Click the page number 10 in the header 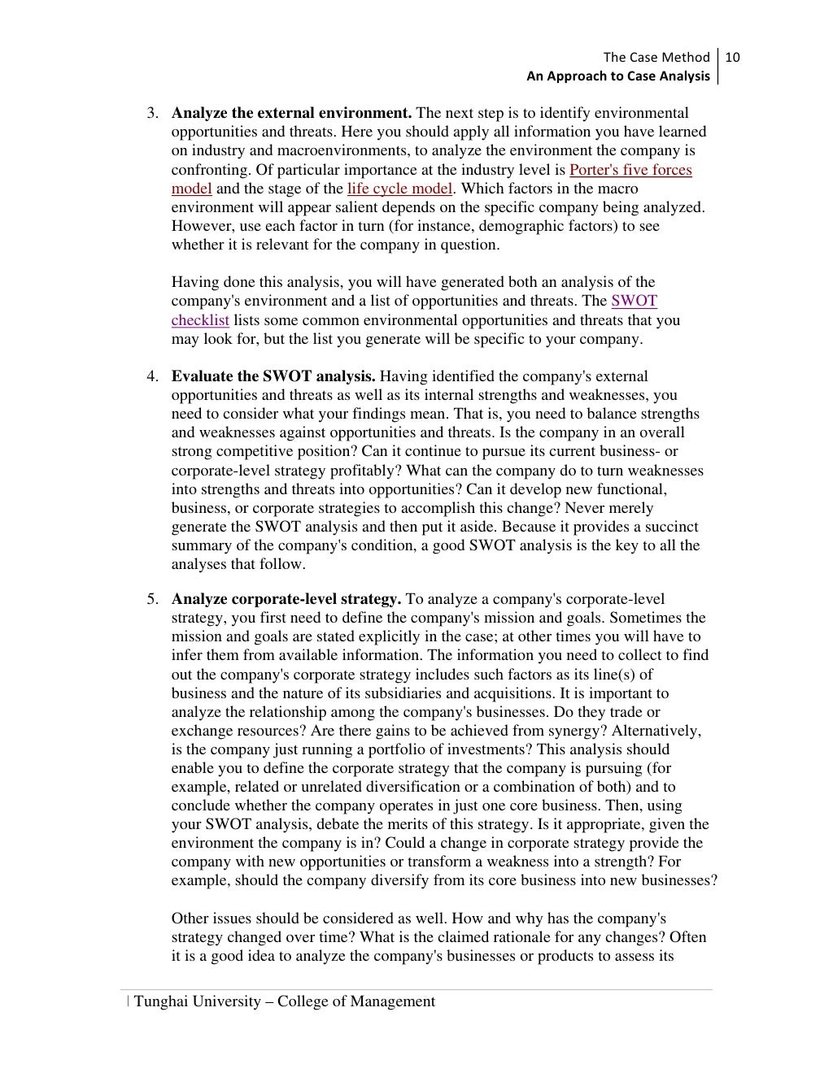(x=732, y=57)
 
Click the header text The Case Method (x=656, y=57)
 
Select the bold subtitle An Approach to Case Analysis (x=617, y=76)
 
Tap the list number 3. (x=152, y=113)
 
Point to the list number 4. (x=152, y=376)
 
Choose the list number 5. (x=152, y=599)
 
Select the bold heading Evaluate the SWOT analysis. (x=273, y=376)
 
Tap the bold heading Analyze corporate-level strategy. (x=286, y=599)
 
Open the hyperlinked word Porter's (x=592, y=170)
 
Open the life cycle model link (x=399, y=189)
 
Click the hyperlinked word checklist (x=200, y=320)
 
